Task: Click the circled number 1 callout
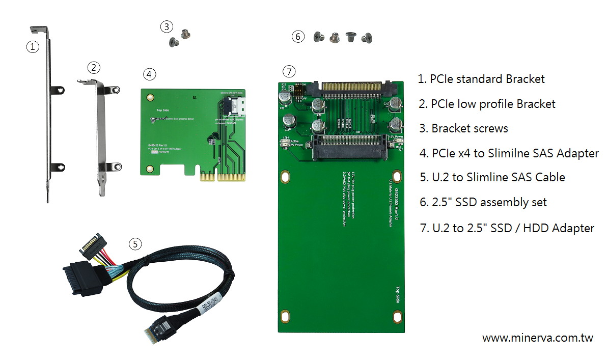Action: [33, 47]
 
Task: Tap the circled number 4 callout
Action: [149, 74]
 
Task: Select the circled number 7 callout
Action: [288, 71]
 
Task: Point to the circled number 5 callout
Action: [134, 244]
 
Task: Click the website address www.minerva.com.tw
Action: [537, 338]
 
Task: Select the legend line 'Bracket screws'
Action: [463, 128]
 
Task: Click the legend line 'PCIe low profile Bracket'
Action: [487, 104]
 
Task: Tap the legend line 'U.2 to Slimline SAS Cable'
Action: [492, 177]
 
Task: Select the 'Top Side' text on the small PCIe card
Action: [162, 110]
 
